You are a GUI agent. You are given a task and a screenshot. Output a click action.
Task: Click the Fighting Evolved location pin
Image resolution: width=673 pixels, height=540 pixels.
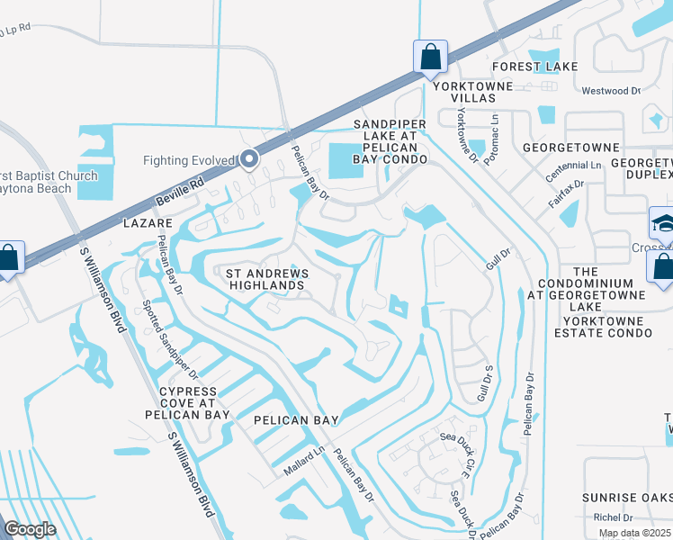tap(250, 160)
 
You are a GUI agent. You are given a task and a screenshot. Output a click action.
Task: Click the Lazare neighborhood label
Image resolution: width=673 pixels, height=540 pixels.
tap(149, 221)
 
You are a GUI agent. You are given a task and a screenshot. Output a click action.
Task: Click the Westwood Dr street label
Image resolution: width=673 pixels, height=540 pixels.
tap(610, 91)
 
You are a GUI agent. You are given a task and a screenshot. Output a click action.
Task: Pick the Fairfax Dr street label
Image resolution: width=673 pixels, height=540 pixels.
tap(567, 195)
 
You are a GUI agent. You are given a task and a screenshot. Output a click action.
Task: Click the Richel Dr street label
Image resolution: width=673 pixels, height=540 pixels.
tap(615, 517)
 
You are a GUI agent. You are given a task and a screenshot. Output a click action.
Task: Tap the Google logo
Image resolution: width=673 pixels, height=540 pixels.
tap(30, 529)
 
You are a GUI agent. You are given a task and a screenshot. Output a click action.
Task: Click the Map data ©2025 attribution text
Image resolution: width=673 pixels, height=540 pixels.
tap(635, 533)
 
